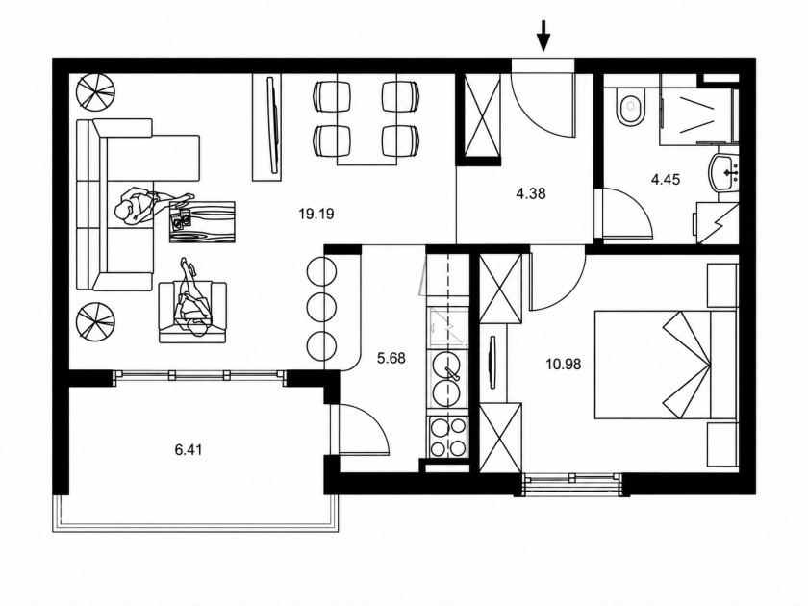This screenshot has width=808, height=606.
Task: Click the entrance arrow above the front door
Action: tap(543, 36)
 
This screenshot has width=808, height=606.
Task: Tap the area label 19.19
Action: tap(316, 214)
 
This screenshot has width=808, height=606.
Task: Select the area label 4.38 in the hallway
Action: tap(530, 193)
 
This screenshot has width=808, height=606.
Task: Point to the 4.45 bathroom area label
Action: tap(666, 180)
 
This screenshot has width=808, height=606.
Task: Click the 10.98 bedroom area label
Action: tap(564, 365)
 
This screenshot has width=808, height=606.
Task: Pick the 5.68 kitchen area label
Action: tap(391, 358)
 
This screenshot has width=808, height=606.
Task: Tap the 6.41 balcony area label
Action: tap(189, 450)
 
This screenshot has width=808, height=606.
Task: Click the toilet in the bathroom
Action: tap(630, 107)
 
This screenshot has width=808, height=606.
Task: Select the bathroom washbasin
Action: tap(724, 172)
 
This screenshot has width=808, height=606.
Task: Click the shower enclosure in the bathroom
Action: tap(695, 107)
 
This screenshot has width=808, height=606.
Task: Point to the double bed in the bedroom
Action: tap(666, 365)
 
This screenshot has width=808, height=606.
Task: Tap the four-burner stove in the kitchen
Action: tap(448, 437)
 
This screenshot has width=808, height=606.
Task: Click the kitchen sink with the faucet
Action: tap(446, 379)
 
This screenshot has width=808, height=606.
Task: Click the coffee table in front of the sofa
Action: tap(202, 221)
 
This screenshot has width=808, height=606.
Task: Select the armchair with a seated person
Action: tap(192, 312)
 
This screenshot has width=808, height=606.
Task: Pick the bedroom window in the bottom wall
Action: tap(572, 483)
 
